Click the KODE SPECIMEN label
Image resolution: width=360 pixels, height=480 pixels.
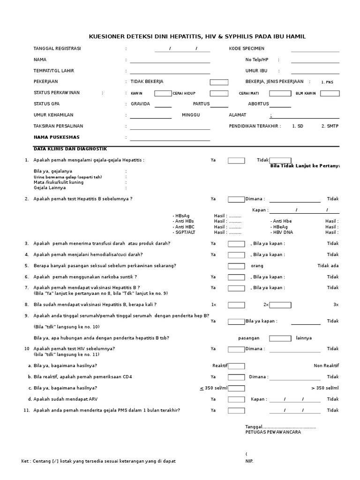pyautogui.click(x=247, y=49)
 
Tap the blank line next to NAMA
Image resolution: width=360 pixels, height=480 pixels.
pyautogui.click(x=170, y=60)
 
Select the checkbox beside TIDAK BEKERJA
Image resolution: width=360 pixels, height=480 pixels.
pyautogui.click(x=219, y=82)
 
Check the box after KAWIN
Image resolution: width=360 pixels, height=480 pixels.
pyautogui.click(x=163, y=93)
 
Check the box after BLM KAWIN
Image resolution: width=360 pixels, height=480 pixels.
pyautogui.click(x=330, y=93)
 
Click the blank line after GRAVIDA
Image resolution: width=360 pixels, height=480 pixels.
pyautogui.click(x=163, y=105)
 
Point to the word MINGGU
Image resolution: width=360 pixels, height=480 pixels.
pyautogui.click(x=191, y=115)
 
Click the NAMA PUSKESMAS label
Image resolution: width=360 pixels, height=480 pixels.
pyautogui.click(x=57, y=137)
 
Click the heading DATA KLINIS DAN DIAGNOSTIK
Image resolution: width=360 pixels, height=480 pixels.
pyautogui.click(x=70, y=149)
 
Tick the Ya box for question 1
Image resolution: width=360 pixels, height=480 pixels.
pyautogui.click(x=236, y=161)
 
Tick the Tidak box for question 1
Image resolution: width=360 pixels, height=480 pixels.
pyautogui.click(x=280, y=161)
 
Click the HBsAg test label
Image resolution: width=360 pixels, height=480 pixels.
pyautogui.click(x=181, y=216)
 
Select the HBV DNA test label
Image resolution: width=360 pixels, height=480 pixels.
pyautogui.click(x=283, y=232)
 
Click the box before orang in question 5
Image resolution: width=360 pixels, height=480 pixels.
pyautogui.click(x=236, y=266)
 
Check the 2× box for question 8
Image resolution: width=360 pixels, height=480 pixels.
pyautogui.click(x=280, y=305)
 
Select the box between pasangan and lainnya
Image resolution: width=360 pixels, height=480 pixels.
pyautogui.click(x=280, y=338)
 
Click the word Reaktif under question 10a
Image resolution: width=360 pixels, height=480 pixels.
pyautogui.click(x=220, y=366)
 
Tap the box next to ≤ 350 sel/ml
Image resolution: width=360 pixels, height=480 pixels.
pyautogui.click(x=236, y=388)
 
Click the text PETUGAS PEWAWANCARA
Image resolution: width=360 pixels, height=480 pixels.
pyautogui.click(x=273, y=432)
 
